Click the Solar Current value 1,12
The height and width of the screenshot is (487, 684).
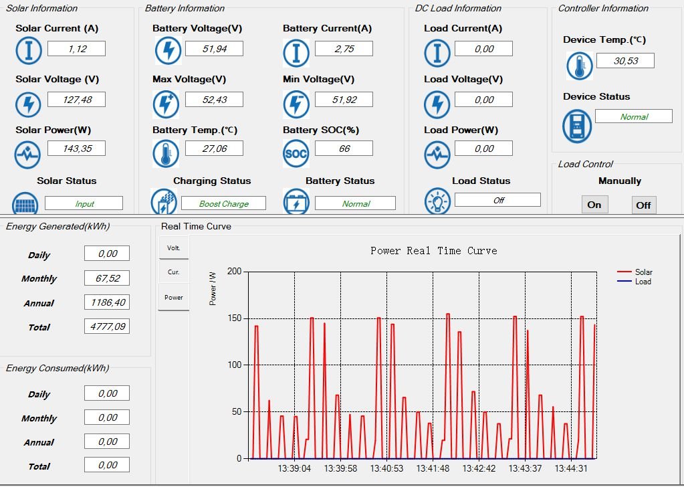[x=76, y=48]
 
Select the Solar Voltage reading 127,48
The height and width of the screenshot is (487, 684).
[x=76, y=100]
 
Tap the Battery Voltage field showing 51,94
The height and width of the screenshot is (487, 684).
[x=214, y=48]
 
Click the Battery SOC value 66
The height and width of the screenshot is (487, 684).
[x=344, y=149]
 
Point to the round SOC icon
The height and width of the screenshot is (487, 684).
[x=296, y=154]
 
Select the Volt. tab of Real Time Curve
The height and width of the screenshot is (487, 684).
[x=174, y=248]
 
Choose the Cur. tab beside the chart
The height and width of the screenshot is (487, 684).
[x=174, y=272]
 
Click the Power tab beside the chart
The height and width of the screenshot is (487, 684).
[x=174, y=297]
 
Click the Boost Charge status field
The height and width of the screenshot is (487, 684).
[x=223, y=203]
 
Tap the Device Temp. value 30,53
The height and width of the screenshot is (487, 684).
[x=625, y=61]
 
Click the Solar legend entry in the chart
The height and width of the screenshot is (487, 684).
[x=635, y=272]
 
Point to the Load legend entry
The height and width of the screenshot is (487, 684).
[x=635, y=282]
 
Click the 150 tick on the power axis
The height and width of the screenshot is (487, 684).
[x=235, y=318]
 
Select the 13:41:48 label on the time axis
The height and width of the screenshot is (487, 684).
[x=433, y=468]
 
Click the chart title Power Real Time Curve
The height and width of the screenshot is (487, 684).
[x=434, y=250]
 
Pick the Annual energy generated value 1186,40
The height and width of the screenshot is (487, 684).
[x=107, y=302]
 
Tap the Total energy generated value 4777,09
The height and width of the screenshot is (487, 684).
[x=107, y=326]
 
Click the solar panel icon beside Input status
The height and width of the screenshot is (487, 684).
[x=25, y=203]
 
